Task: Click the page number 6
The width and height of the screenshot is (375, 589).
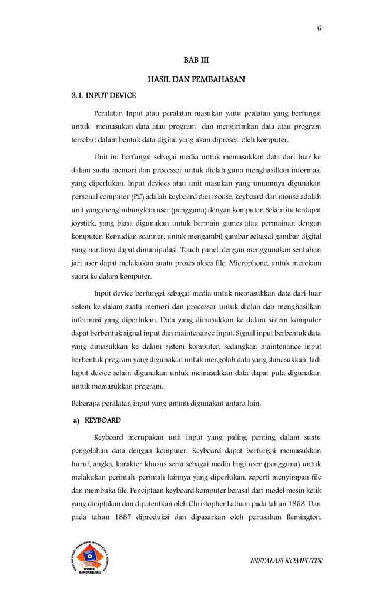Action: tap(319, 28)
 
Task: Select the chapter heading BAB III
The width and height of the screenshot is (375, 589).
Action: tap(196, 60)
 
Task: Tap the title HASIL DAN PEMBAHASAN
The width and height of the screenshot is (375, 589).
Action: tap(196, 78)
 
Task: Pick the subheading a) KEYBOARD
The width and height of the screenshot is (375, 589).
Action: tap(97, 421)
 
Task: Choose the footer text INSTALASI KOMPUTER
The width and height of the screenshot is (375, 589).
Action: tap(286, 561)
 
